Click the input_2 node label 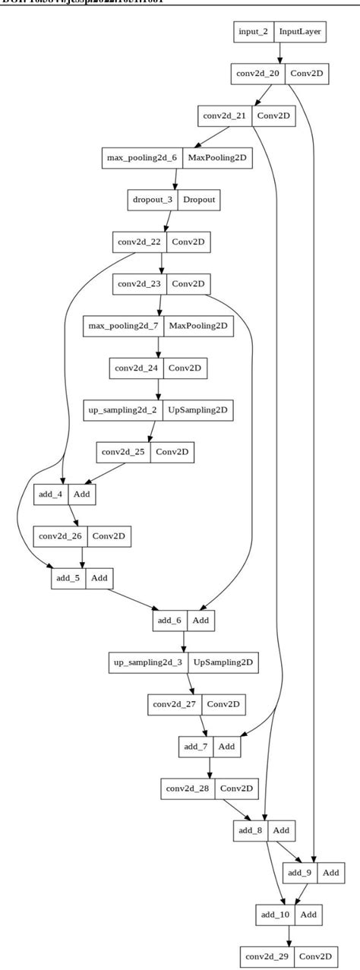coord(253,32)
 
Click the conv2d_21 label coord(226,116)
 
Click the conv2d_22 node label coord(140,243)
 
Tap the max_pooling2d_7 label coord(124,326)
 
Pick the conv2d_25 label coord(125,452)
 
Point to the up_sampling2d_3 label coord(149,662)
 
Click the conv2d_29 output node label coord(267,956)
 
